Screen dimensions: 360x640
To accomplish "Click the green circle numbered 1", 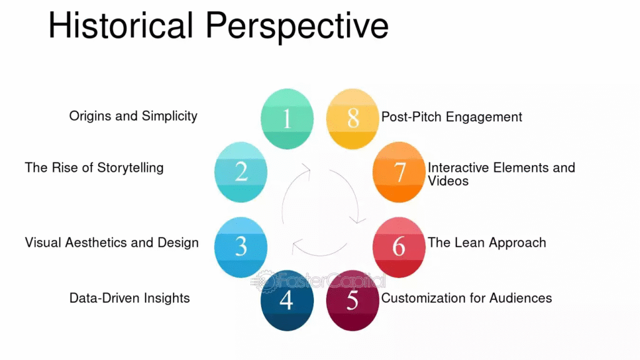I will [x=286, y=119].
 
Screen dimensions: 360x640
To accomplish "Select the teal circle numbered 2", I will [x=241, y=172].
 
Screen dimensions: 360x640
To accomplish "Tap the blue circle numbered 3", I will [x=241, y=247].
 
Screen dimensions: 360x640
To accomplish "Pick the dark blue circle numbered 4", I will [x=286, y=300].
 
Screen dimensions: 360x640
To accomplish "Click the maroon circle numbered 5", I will [x=352, y=300].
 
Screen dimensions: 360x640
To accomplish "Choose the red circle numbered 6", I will [x=399, y=247].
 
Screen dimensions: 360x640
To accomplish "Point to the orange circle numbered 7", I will [x=399, y=172].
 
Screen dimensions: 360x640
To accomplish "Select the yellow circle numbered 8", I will [x=352, y=119].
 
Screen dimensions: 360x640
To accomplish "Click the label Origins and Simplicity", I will [x=133, y=116].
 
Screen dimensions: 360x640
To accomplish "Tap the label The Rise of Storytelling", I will [x=94, y=167].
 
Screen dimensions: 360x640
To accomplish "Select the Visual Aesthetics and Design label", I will [x=112, y=242].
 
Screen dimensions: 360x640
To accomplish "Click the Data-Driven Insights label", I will [x=129, y=298].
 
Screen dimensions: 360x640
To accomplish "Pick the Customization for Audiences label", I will [x=466, y=298].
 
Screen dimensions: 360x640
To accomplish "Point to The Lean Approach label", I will [x=486, y=242].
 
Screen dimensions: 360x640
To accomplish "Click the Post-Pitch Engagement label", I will [x=452, y=117].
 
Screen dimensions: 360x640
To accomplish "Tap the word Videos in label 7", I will [x=448, y=181].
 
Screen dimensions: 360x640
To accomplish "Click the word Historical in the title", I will [x=121, y=26].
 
